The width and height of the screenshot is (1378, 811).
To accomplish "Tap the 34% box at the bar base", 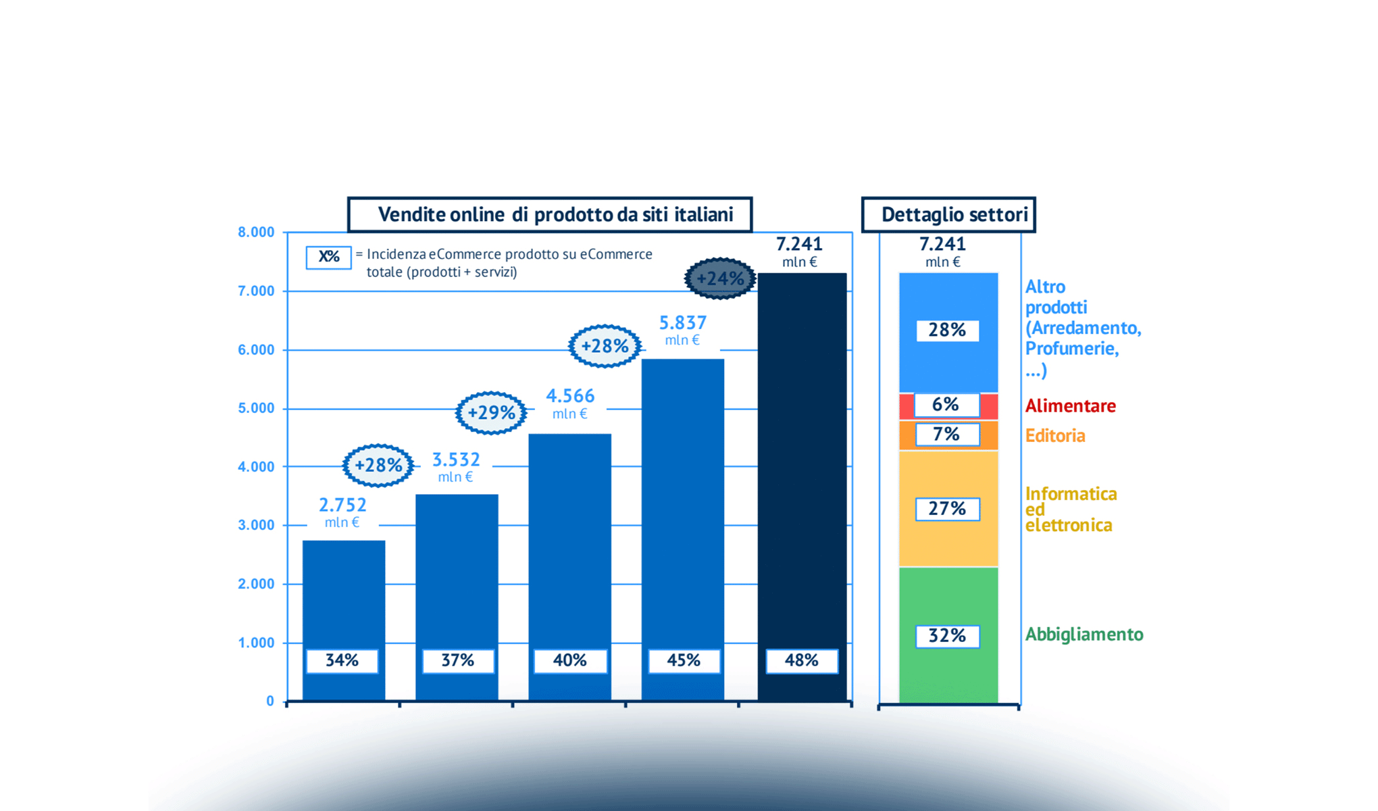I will pyautogui.click(x=342, y=660).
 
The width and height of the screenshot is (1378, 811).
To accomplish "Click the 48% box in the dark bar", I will pyautogui.click(x=802, y=660).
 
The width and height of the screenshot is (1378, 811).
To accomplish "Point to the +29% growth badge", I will pyautogui.click(x=491, y=412).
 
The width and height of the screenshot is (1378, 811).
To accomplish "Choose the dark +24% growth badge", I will pyautogui.click(x=720, y=278).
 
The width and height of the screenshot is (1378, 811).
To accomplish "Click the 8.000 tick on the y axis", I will pyautogui.click(x=256, y=232).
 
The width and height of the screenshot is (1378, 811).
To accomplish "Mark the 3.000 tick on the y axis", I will pyautogui.click(x=256, y=525).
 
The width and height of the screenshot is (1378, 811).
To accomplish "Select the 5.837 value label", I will pyautogui.click(x=682, y=323).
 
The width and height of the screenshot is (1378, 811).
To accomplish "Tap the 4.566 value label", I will pyautogui.click(x=570, y=396).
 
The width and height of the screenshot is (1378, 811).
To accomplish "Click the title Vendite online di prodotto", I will pyautogui.click(x=555, y=215).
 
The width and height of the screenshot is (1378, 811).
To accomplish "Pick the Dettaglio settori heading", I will pyautogui.click(x=954, y=215).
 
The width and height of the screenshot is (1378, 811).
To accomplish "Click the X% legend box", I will pyautogui.click(x=329, y=257).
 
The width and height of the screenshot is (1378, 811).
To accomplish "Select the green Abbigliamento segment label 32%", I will pyautogui.click(x=947, y=636).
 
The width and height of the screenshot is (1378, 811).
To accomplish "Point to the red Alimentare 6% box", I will pyautogui.click(x=946, y=405).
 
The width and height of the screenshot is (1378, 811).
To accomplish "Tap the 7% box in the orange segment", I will pyautogui.click(x=947, y=435).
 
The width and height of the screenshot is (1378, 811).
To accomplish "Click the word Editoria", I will pyautogui.click(x=1055, y=436).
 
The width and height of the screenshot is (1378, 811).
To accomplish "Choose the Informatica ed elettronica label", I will pyautogui.click(x=1070, y=510).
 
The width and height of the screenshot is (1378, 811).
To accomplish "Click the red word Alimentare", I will pyautogui.click(x=1070, y=406).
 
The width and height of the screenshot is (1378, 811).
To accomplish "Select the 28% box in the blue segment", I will pyautogui.click(x=947, y=330).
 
